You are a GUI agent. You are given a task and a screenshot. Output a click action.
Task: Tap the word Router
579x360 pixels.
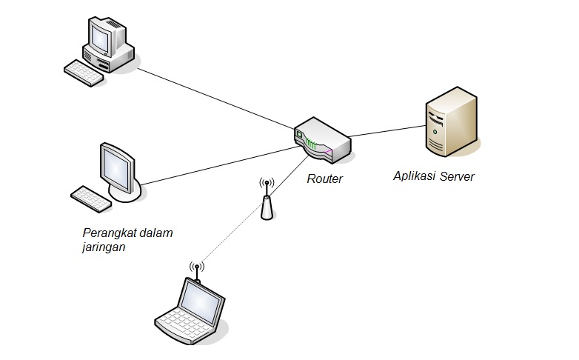tap(325, 179)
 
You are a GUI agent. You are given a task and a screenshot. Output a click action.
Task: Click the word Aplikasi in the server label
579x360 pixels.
tap(415, 177)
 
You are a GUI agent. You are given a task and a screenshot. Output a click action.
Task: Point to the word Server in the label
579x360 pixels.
tap(457, 176)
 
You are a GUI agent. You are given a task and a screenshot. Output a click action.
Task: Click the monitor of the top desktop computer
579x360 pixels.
tap(104, 34)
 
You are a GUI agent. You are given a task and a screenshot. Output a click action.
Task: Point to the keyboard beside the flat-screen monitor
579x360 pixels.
tap(90, 198)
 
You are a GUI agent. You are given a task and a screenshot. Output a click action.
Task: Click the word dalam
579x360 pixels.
tap(156, 233)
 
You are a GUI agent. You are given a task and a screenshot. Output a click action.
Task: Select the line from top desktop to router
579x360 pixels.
tap(215, 97)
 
